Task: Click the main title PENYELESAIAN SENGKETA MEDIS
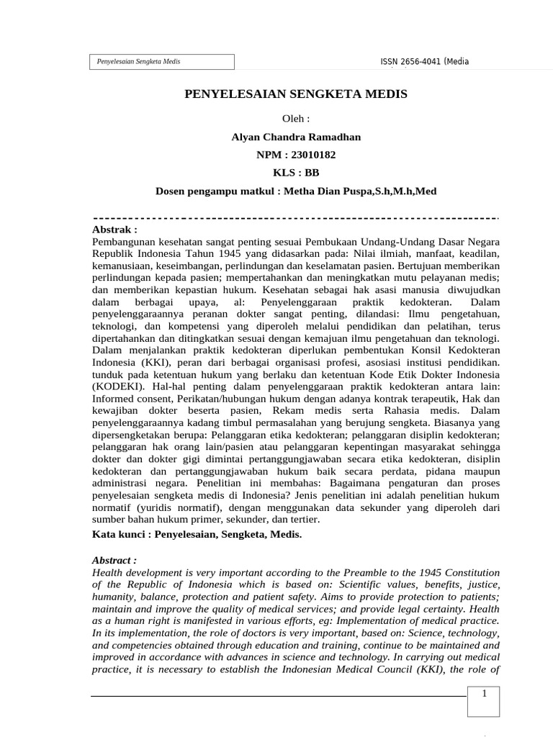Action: click(296, 94)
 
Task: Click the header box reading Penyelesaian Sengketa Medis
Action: click(163, 62)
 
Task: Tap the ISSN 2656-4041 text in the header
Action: click(424, 62)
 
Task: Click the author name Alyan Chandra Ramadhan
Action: click(296, 137)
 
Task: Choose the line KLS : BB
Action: click(296, 173)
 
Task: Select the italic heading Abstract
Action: click(114, 559)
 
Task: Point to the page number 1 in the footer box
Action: click(485, 694)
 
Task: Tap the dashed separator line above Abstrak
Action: click(296, 217)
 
